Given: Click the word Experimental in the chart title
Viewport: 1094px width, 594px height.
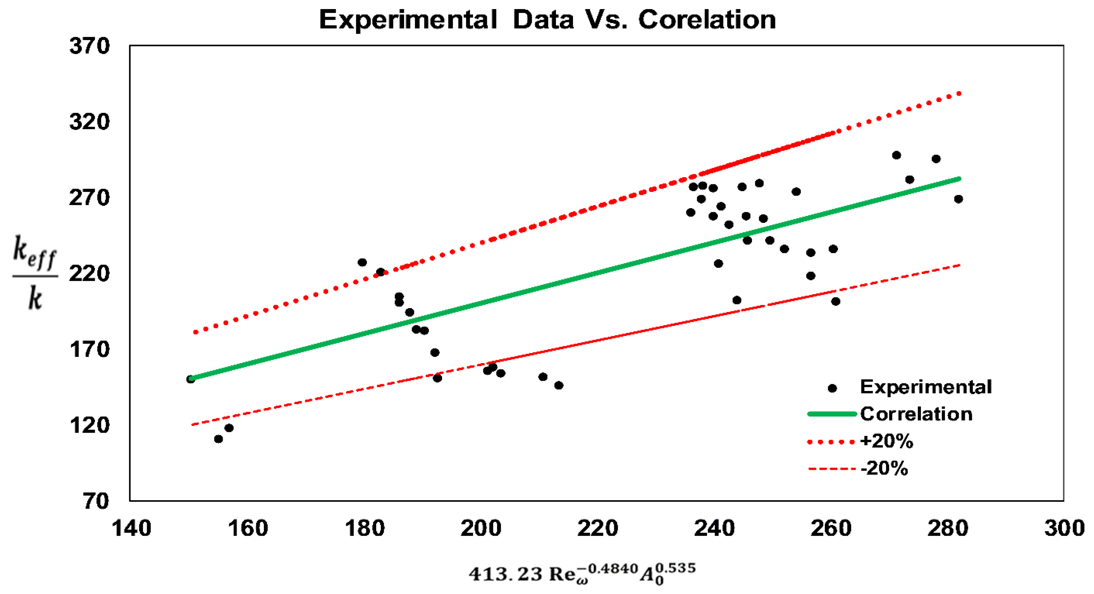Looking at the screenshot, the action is [x=408, y=20].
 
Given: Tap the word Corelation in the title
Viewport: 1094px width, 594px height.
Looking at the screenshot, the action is [x=707, y=20].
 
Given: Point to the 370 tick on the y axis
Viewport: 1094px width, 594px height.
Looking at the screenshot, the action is [x=89, y=46].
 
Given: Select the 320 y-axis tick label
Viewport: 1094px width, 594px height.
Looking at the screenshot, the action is [x=89, y=122].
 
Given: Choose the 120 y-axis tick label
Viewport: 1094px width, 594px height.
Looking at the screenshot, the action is [x=89, y=425].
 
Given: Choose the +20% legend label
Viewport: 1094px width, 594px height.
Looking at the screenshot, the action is [x=887, y=442].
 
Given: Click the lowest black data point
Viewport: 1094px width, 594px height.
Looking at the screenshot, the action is [x=218, y=439].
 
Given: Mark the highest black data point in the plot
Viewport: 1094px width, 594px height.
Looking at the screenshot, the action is [x=897, y=155].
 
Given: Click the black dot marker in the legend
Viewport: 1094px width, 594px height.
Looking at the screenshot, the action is [x=832, y=388].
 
